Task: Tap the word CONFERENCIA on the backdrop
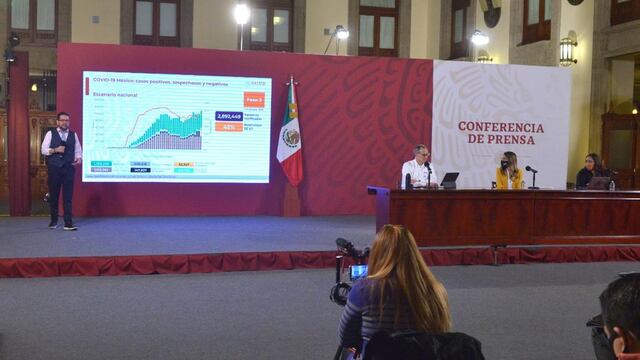501,127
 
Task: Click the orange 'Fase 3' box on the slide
254,100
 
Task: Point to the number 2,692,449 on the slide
228,116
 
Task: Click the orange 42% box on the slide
228,128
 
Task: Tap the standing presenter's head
62,120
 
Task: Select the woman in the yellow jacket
509,172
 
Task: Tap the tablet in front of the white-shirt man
449,180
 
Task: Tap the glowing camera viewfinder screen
357,271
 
